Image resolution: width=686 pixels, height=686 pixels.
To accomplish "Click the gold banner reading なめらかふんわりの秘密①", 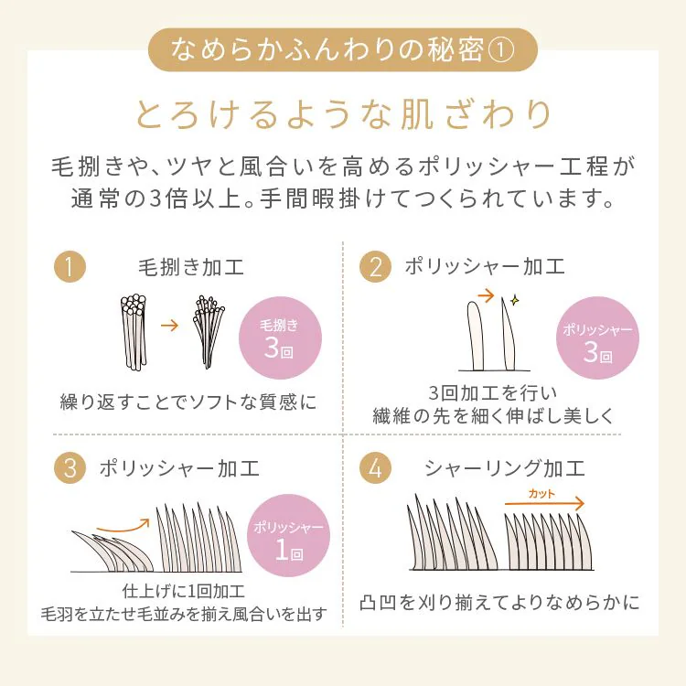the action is coord(343,49).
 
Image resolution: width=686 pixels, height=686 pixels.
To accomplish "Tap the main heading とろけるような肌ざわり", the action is coord(343,114).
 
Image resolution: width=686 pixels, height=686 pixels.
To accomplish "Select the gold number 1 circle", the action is coord(70,266).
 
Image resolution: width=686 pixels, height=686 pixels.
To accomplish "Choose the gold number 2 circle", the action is coord(375,266).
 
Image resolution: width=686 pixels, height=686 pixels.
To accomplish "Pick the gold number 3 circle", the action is coord(70,467).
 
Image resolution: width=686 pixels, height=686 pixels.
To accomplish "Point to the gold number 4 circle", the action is coord(375,467).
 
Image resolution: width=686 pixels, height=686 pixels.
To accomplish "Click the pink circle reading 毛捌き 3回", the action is coord(280,338).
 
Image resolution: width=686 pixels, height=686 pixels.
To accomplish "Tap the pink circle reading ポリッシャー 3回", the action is coord(597,338).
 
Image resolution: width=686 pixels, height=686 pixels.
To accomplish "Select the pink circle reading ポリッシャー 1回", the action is coord(288,535).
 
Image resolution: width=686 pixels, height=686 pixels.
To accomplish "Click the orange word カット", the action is coord(541,494).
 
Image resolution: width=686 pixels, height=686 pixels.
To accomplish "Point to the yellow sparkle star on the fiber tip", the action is coord(515,300).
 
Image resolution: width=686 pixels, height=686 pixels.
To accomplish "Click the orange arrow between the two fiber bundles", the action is coord(170,326).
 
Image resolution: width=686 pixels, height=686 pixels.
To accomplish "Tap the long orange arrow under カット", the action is coord(545,504).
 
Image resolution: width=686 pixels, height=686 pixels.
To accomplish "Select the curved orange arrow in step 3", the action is coord(123,528).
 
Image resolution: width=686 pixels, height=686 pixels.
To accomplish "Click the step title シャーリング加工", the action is coord(505,468).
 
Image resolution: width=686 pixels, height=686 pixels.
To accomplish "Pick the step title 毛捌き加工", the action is coord(191,267).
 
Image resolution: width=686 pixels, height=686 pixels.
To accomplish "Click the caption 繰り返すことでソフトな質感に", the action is coord(188,402).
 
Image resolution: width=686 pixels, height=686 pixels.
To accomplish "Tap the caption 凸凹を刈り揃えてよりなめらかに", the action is coord(499,603).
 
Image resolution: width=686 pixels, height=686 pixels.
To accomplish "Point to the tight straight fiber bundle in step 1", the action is coord(134,332).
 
